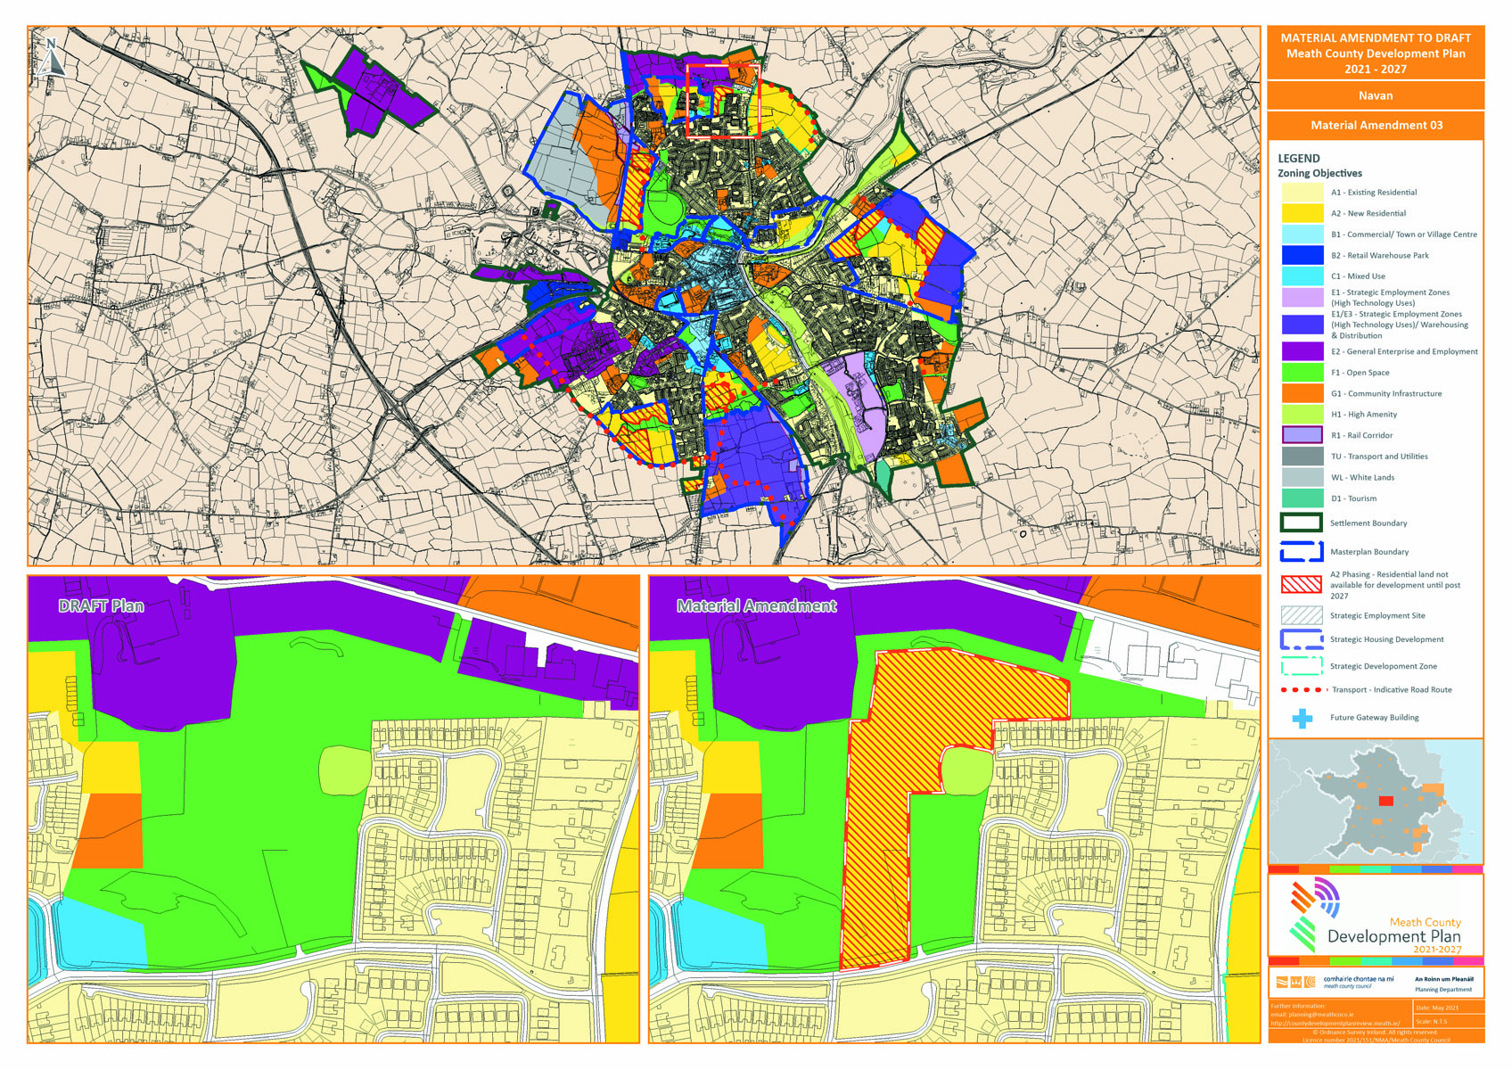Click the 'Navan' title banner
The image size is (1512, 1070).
pos(1375,95)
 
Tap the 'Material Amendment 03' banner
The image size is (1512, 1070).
pos(1376,125)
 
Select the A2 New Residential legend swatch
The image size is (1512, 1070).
pos(1302,214)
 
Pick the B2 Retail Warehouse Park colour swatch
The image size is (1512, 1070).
pos(1302,256)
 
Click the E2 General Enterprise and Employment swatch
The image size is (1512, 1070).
pos(1302,351)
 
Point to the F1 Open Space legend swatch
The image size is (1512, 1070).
pos(1302,373)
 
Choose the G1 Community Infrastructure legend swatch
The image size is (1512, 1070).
pos(1302,393)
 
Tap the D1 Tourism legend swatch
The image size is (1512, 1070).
pos(1302,498)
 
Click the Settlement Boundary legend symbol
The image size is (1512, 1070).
pos(1301,523)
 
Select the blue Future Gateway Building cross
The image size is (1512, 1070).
pos(1302,718)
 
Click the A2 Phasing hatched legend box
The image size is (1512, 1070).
pos(1301,585)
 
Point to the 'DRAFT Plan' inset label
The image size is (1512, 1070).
pos(101,606)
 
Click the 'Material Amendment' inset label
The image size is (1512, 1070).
pos(756,606)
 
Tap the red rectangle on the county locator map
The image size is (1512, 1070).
pos(1385,801)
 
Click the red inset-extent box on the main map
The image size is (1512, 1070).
pos(722,100)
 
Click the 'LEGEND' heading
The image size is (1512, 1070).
pos(1299,158)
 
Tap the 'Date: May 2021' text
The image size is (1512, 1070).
pos(1437,1008)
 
